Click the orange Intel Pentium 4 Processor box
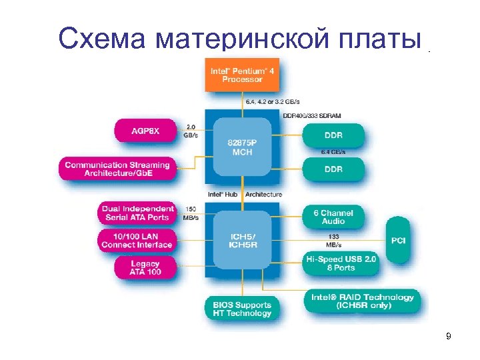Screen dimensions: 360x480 click(242, 75)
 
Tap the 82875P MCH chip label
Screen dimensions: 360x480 click(242, 147)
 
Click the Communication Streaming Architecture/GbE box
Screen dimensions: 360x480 click(117, 169)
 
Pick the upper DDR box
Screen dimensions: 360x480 click(333, 136)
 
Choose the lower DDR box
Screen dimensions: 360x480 click(333, 169)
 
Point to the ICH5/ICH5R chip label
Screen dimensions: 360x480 click(242, 239)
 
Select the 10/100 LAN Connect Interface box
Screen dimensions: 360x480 click(137, 240)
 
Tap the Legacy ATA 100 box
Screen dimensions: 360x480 click(145, 267)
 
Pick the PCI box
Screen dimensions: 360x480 click(398, 239)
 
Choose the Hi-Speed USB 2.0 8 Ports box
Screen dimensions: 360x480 click(341, 263)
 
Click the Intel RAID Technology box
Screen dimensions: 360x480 click(363, 301)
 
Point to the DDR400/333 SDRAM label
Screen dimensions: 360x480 click(312, 115)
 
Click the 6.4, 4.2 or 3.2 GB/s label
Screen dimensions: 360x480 click(273, 101)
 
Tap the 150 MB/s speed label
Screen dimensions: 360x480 click(190, 213)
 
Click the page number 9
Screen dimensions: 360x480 click(449, 336)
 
